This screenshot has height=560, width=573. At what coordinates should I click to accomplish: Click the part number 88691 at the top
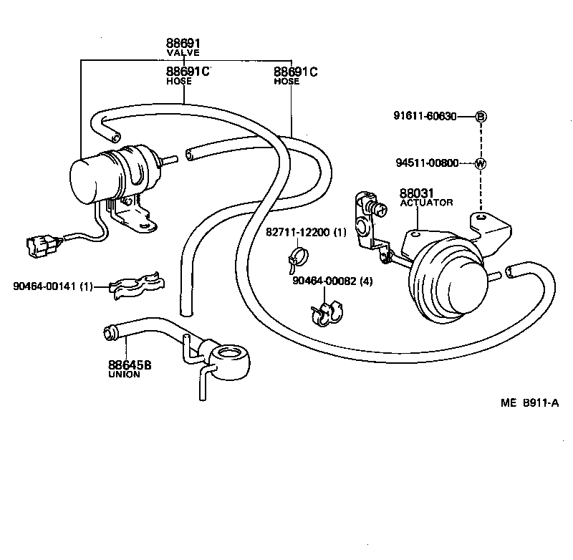(183, 44)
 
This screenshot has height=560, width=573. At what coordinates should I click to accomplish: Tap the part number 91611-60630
(425, 117)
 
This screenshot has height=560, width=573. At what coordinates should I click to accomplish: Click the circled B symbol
(481, 117)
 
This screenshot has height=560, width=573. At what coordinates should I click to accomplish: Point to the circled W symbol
(481, 163)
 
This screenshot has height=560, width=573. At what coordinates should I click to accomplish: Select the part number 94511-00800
(427, 163)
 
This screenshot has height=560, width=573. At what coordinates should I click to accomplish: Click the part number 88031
(416, 193)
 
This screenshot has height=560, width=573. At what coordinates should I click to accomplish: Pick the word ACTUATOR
(426, 203)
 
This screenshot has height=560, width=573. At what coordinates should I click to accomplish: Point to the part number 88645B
(130, 365)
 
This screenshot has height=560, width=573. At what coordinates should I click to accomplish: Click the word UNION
(124, 374)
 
